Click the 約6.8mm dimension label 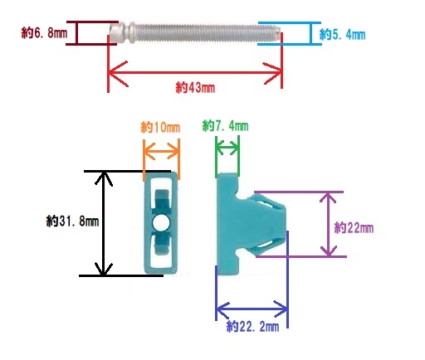coord(44,33)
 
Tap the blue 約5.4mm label coord(342,35)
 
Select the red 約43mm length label coord(195,87)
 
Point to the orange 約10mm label coord(160,128)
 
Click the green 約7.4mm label coord(225,126)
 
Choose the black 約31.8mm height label coord(72,221)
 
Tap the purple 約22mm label coord(354,228)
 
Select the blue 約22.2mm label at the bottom coord(252,326)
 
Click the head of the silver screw coord(116,33)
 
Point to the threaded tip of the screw coord(276,32)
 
